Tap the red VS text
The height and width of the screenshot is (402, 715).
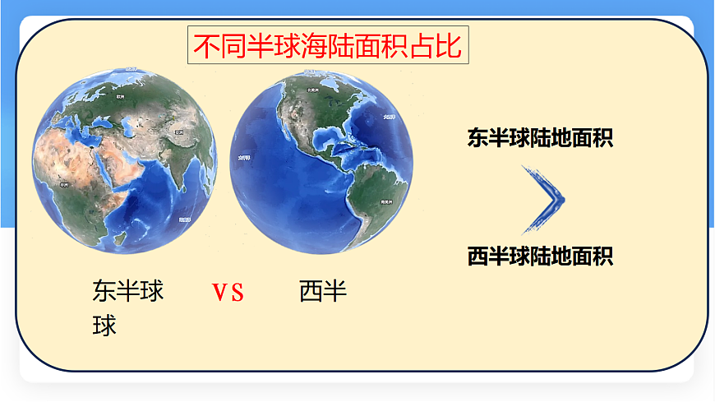tap(228, 293)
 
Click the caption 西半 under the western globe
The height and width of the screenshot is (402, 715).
tap(323, 291)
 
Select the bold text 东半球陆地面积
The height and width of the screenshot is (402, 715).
tap(540, 137)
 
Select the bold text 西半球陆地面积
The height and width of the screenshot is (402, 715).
tap(540, 256)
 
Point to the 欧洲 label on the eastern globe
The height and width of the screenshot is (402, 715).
tap(121, 96)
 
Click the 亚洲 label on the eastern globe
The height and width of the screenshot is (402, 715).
tap(177, 132)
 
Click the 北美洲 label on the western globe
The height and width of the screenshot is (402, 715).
tap(311, 90)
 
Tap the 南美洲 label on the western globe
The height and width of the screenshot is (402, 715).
tap(382, 201)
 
